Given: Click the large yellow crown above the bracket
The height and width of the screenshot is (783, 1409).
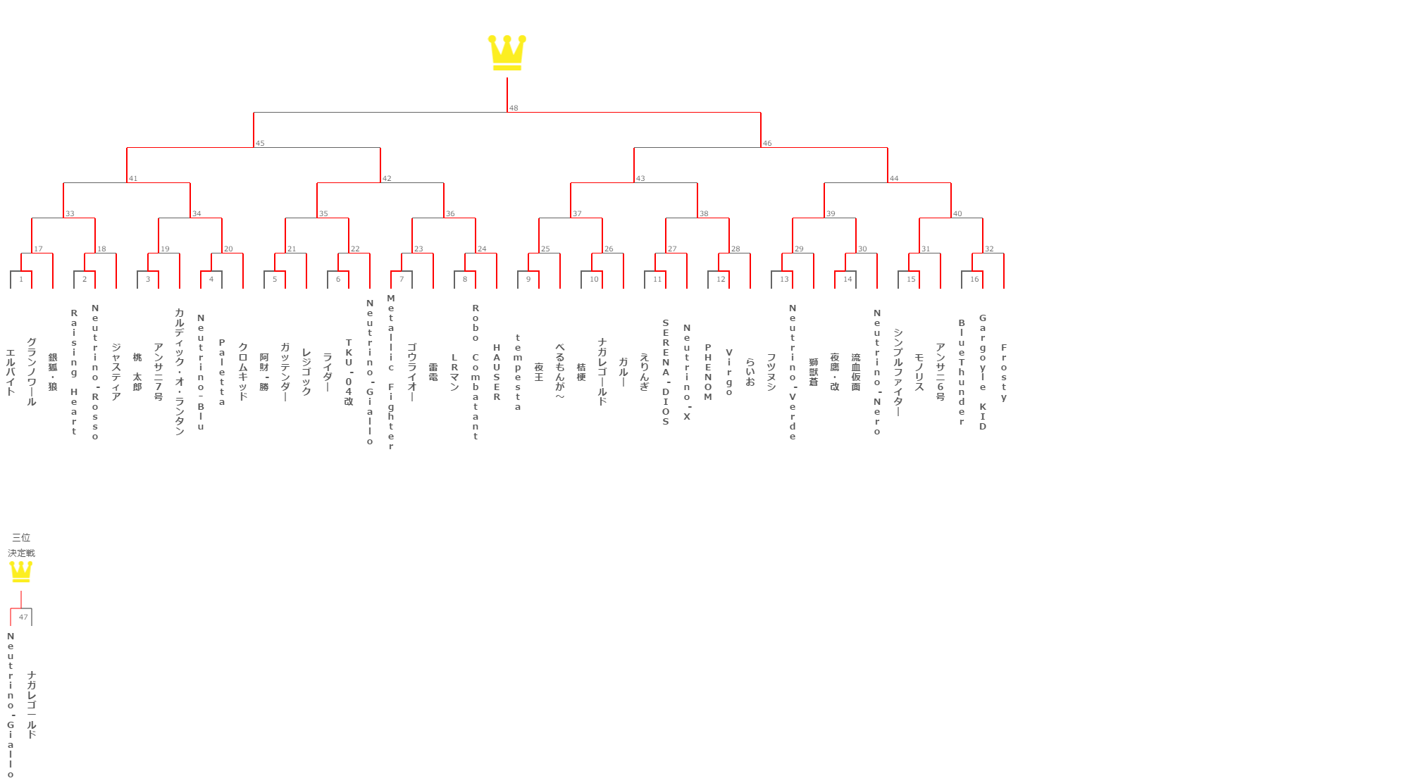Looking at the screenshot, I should click(507, 53).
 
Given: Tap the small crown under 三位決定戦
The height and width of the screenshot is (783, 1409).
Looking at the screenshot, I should click(21, 571).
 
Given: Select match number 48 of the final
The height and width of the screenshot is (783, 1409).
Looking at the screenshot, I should click(514, 108).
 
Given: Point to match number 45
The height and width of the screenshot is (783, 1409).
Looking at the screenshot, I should click(260, 144).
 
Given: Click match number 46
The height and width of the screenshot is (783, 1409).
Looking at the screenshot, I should click(767, 144).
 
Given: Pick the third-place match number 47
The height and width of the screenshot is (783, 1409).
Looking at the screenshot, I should click(23, 617).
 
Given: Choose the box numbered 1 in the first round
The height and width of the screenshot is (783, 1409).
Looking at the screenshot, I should click(21, 280).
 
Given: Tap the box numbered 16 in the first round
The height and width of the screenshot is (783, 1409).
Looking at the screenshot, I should click(974, 280).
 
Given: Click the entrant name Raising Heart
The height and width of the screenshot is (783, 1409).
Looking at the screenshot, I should click(74, 372).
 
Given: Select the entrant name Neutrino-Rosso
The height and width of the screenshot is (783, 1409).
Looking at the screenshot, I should click(95, 372).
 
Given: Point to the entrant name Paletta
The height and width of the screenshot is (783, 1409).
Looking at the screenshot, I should click(222, 372).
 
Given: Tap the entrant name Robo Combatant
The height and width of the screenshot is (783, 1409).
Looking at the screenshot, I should click(476, 372).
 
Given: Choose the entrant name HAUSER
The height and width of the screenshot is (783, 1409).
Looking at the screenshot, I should click(497, 372).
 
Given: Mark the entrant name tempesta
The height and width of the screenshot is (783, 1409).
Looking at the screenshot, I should click(518, 372).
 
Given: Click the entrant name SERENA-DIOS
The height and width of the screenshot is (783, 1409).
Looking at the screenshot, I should click(666, 372).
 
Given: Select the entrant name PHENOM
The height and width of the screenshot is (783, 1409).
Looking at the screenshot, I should click(708, 372).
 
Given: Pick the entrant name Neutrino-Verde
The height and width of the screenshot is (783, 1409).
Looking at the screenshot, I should click(793, 372).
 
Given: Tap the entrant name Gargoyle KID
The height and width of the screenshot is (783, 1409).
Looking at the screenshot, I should click(983, 372).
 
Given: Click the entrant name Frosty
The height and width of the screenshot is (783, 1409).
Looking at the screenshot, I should click(1004, 372).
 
